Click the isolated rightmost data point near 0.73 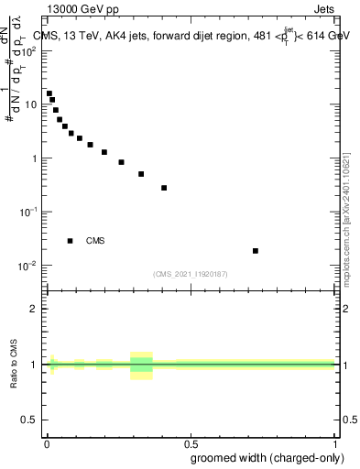(x=256, y=250)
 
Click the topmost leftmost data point (x=49, y=93)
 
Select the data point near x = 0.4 (x=164, y=188)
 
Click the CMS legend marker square (x=70, y=241)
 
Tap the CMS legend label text (x=95, y=241)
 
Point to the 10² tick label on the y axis (x=29, y=50)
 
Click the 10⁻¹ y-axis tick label (x=29, y=212)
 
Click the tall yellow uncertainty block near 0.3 (x=141, y=365)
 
